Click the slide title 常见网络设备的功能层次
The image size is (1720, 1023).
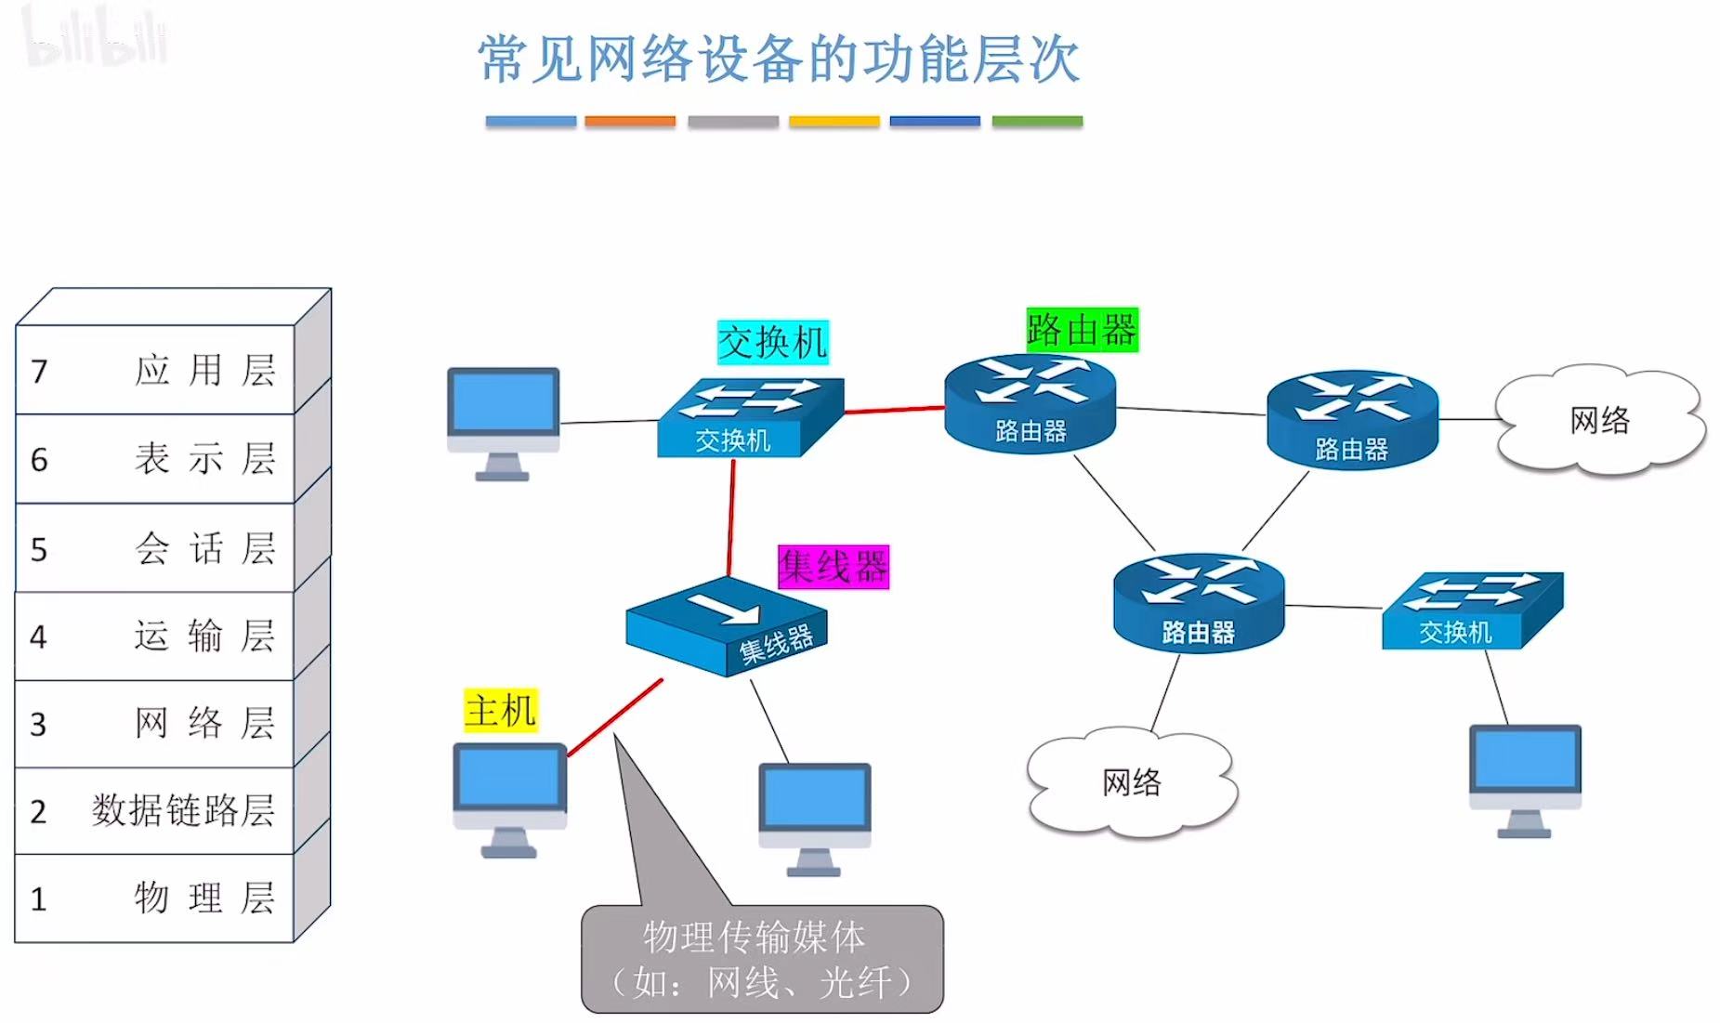tap(779, 59)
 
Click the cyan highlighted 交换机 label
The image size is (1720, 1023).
tap(772, 342)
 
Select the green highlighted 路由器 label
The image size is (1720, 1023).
tap(1082, 330)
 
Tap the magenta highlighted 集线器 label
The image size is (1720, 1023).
tap(834, 567)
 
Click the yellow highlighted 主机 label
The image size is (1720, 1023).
tap(501, 711)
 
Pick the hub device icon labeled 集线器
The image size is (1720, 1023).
tap(726, 625)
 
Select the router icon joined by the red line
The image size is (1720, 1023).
tap(1030, 403)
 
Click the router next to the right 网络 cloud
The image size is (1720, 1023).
tap(1352, 419)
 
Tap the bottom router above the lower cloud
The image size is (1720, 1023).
tap(1198, 603)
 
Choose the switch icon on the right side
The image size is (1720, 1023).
tap(1472, 610)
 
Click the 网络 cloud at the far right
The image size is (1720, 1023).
tap(1599, 420)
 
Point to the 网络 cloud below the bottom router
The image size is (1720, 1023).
tap(1131, 781)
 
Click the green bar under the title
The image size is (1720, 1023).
tap(1037, 121)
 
